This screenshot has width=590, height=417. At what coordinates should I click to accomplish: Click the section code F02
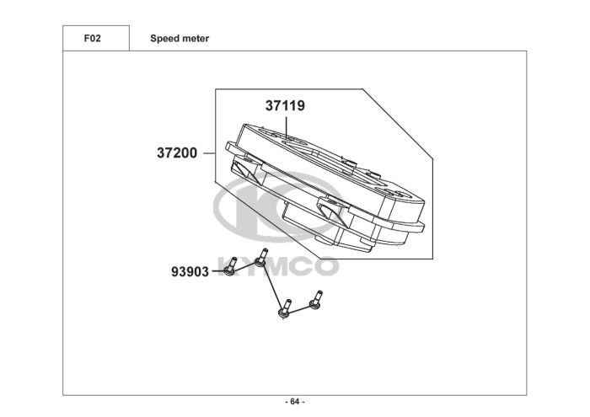pos(94,39)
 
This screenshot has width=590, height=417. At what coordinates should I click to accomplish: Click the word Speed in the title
pos(164,39)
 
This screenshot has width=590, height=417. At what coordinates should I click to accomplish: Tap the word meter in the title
pos(196,39)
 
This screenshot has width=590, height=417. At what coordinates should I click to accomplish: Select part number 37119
pos(285,107)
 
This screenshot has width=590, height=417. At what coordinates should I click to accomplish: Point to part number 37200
pos(177,153)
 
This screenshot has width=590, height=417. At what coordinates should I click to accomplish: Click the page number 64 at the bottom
pos(294,401)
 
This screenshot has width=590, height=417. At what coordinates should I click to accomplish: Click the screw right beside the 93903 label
pos(230,270)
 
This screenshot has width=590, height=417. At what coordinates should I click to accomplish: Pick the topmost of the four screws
pos(264,257)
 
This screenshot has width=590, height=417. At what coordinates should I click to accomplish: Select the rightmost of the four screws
pos(317,299)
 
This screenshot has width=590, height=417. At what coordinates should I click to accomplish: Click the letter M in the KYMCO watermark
pos(275,267)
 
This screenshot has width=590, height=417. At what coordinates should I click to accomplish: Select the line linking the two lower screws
pos(300,309)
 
